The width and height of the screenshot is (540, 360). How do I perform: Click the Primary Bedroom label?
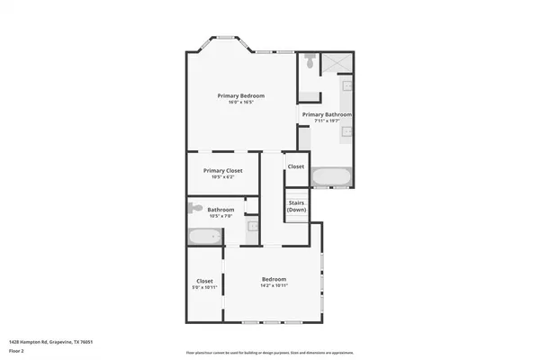click(238, 94)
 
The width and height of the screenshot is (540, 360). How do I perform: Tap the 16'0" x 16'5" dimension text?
click(238, 102)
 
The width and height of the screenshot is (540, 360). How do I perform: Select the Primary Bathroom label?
click(326, 114)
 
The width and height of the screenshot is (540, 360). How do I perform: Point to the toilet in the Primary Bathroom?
click(309, 61)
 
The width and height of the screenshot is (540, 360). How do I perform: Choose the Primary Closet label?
click(222, 170)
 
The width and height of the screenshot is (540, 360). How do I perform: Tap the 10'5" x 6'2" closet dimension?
click(222, 177)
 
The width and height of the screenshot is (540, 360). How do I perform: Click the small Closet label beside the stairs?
click(296, 166)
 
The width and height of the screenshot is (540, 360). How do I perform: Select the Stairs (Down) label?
click(296, 206)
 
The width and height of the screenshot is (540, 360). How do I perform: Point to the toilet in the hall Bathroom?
click(195, 208)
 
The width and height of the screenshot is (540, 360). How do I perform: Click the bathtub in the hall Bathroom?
click(204, 237)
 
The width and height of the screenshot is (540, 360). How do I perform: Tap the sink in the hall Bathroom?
click(253, 228)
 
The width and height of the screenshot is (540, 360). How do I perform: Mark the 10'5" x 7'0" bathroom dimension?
click(220, 216)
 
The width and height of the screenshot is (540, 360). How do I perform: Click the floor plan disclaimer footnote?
click(270, 352)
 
